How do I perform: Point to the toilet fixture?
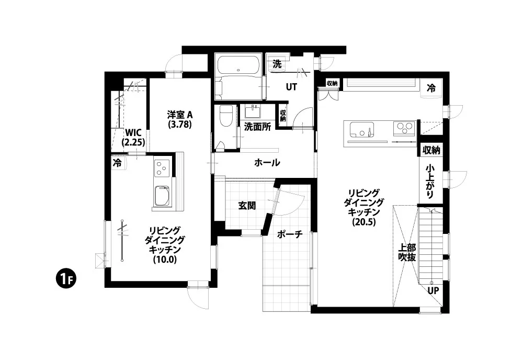[x=226, y=116]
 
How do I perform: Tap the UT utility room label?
[x=291, y=87]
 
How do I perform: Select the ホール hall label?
[x=267, y=163]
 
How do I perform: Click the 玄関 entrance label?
[x=247, y=206]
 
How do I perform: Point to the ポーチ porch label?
[x=290, y=234]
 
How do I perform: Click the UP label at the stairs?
[x=433, y=290]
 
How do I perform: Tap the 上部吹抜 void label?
[x=407, y=253]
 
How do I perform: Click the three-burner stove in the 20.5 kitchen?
[x=404, y=128]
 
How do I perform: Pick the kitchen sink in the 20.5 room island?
[x=361, y=129]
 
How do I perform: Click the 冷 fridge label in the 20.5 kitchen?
[x=431, y=88]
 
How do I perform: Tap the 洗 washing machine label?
[x=277, y=63]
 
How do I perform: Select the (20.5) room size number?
[x=364, y=222]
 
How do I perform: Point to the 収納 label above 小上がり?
[x=431, y=150]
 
